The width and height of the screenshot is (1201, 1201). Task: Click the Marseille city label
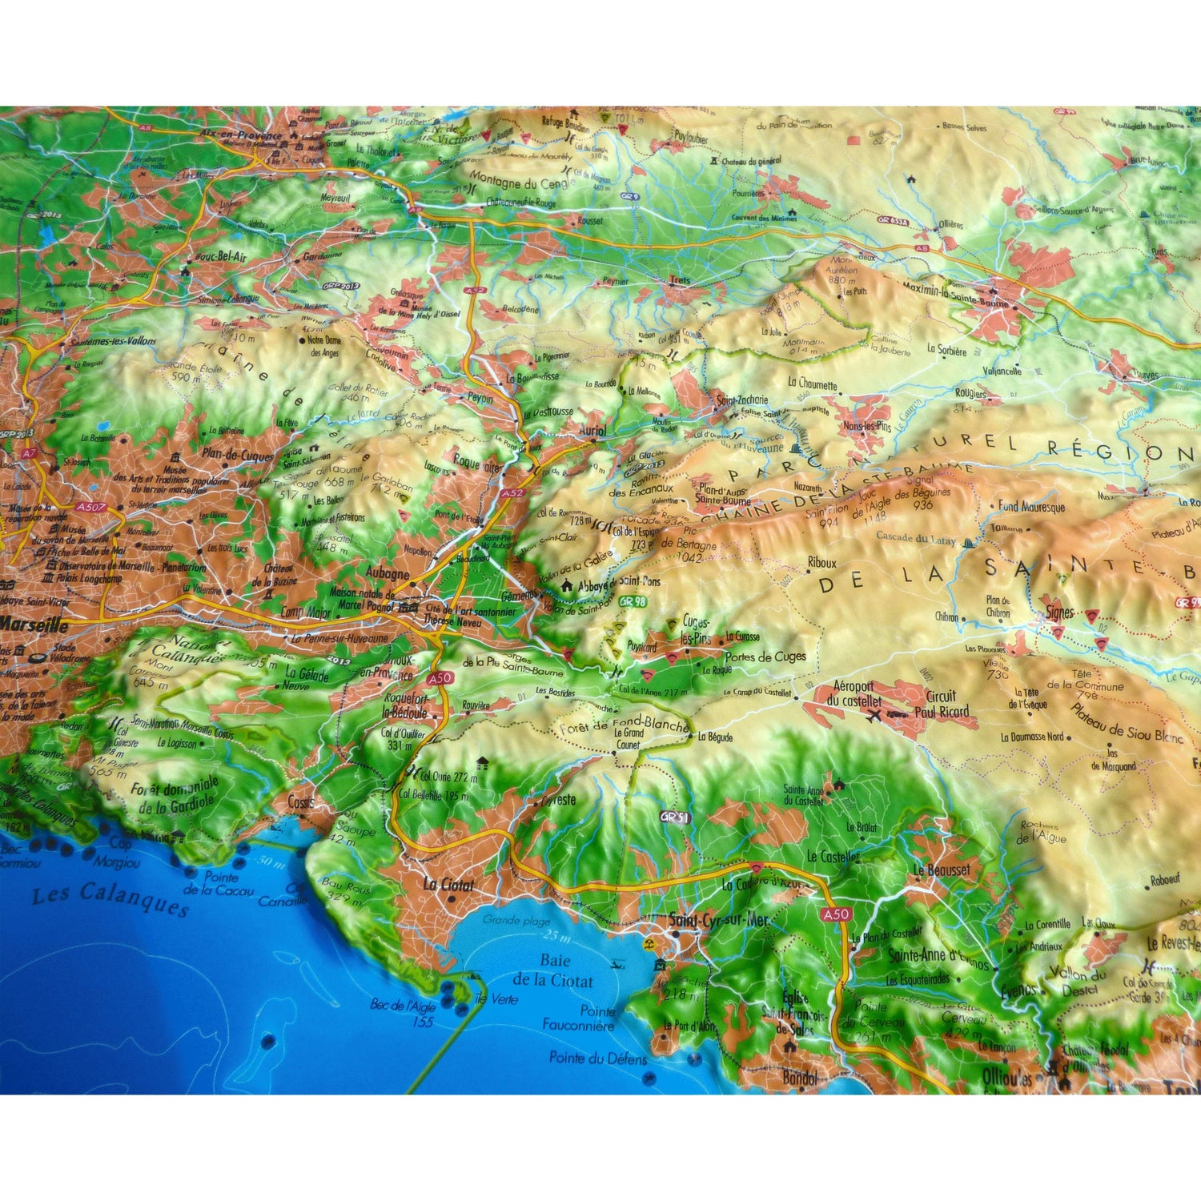(x=34, y=625)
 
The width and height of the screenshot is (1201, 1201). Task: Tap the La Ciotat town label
(x=448, y=885)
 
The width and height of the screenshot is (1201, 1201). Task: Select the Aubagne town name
(x=388, y=573)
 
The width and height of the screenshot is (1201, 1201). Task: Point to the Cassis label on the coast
(x=301, y=801)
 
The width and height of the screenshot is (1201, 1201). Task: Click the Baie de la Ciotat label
(x=554, y=970)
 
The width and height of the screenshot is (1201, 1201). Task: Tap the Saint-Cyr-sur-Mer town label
(x=718, y=920)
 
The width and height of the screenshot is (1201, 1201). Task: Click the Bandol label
(x=800, y=1078)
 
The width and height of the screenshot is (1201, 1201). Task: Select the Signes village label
(x=1060, y=613)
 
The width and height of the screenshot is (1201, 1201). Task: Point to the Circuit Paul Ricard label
(x=946, y=704)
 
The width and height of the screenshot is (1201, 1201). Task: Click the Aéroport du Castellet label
(x=857, y=693)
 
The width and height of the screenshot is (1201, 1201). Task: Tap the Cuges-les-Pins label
(x=695, y=630)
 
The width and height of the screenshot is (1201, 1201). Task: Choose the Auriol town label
(x=592, y=430)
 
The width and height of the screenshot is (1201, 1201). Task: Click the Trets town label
(x=679, y=280)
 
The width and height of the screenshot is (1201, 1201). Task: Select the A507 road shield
(x=91, y=507)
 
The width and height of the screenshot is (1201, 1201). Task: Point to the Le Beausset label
(x=942, y=870)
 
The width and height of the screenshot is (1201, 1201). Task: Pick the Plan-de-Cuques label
(x=238, y=455)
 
